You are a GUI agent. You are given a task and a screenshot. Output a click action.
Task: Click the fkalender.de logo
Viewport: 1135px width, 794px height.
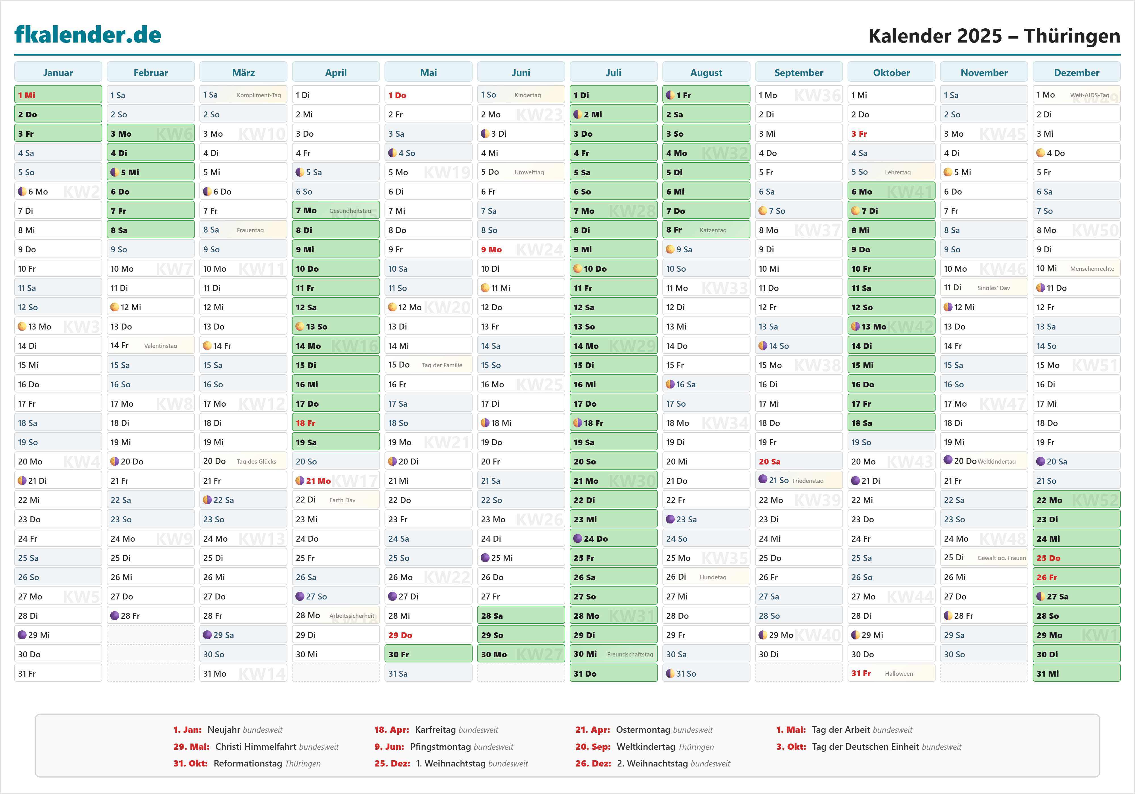click(88, 35)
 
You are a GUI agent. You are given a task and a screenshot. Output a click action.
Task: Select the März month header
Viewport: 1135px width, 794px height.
click(243, 73)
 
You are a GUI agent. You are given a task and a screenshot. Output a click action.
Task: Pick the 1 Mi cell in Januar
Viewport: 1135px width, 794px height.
click(58, 95)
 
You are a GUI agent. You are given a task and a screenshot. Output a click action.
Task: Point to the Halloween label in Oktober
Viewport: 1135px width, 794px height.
click(898, 673)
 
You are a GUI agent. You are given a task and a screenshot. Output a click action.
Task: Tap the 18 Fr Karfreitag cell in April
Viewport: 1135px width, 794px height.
click(336, 423)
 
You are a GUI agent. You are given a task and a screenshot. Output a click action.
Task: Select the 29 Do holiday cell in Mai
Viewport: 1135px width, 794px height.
click(428, 635)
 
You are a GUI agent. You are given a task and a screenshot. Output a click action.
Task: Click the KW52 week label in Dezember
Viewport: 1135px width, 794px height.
click(1095, 500)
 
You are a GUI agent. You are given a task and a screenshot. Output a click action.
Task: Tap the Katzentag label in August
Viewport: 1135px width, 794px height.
click(713, 230)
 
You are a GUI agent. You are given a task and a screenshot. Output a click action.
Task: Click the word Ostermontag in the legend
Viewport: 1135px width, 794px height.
click(643, 730)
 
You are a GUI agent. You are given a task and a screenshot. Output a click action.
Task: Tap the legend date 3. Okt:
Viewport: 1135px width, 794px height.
click(791, 747)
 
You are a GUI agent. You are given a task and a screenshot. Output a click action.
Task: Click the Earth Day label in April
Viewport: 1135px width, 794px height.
click(342, 500)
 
